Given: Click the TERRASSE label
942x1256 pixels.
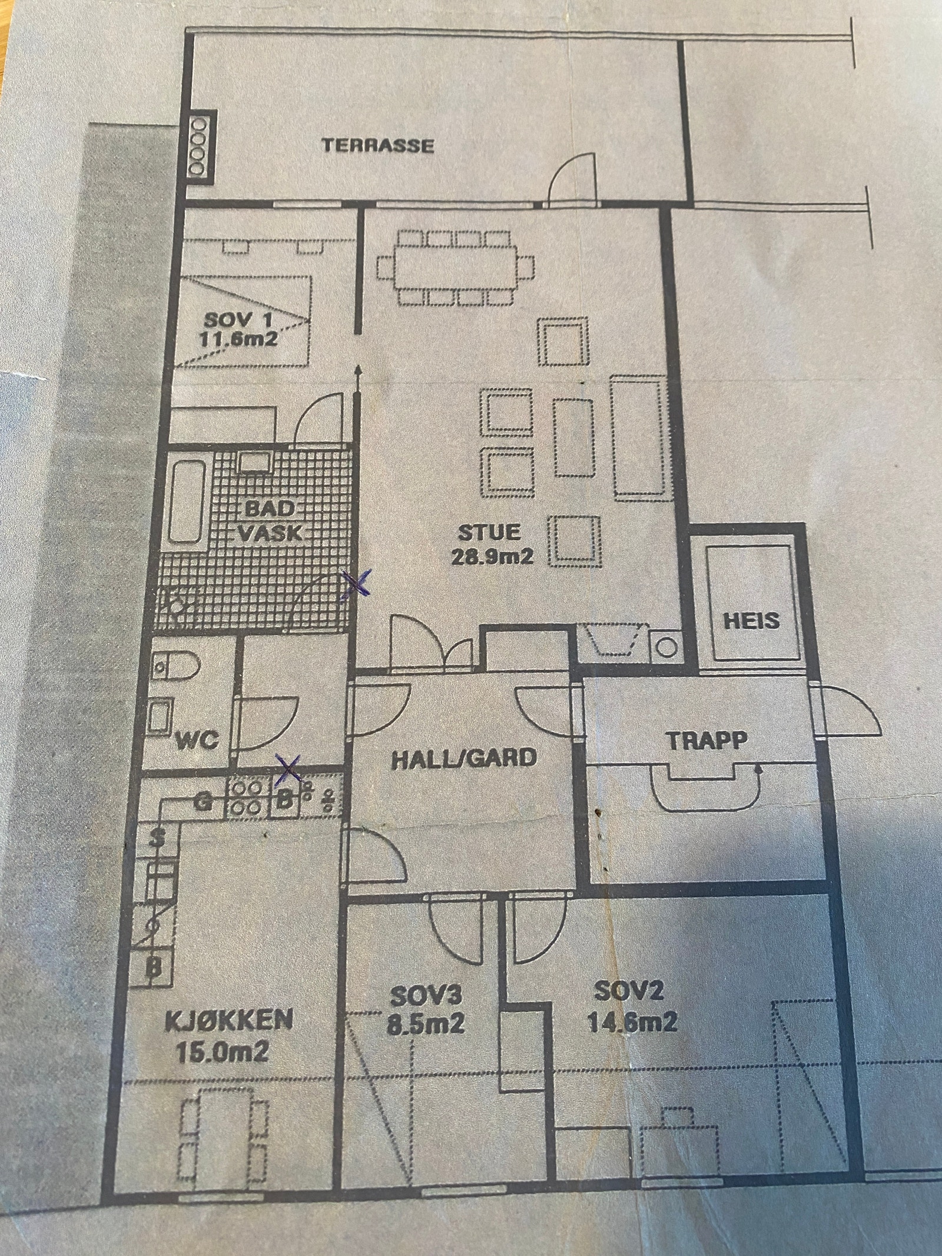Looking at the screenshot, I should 377,145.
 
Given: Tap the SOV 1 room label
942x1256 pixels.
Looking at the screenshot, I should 238,322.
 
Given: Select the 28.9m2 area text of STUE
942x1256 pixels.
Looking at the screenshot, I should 492,557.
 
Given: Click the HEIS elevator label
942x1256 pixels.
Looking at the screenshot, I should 752,621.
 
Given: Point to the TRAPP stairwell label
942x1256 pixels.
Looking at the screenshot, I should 706,740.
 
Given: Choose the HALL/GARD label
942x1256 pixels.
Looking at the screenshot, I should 464,758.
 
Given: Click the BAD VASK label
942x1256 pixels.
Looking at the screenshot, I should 268,521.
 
